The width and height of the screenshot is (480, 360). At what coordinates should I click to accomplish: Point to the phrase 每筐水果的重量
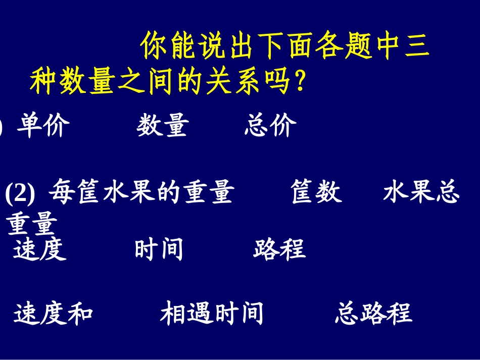(141, 192)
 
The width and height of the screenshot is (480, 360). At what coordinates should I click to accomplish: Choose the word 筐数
(316, 192)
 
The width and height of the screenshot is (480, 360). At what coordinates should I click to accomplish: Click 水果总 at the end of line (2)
(421, 192)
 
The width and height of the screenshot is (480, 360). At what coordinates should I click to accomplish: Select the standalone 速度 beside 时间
(40, 249)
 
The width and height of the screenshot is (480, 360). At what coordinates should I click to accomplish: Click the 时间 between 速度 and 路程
(159, 249)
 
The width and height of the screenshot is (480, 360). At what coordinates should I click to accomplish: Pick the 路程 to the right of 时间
(279, 249)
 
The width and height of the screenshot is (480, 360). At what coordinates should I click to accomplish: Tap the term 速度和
(53, 313)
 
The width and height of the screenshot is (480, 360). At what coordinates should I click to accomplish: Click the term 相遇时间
(212, 313)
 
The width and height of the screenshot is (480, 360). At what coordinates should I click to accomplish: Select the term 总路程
(373, 313)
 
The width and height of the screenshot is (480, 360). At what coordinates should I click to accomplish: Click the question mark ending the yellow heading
(300, 81)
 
